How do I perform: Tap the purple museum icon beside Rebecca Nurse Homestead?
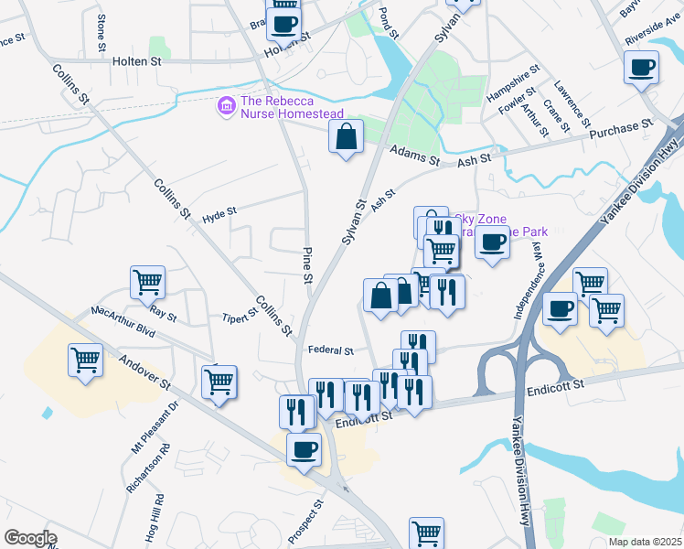tap(225, 107)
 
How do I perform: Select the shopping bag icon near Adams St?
tap(347, 138)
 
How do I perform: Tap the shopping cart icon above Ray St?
tap(147, 283)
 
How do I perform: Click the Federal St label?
tap(330, 350)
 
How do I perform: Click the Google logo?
tap(30, 538)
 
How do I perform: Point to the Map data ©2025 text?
tap(645, 542)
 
